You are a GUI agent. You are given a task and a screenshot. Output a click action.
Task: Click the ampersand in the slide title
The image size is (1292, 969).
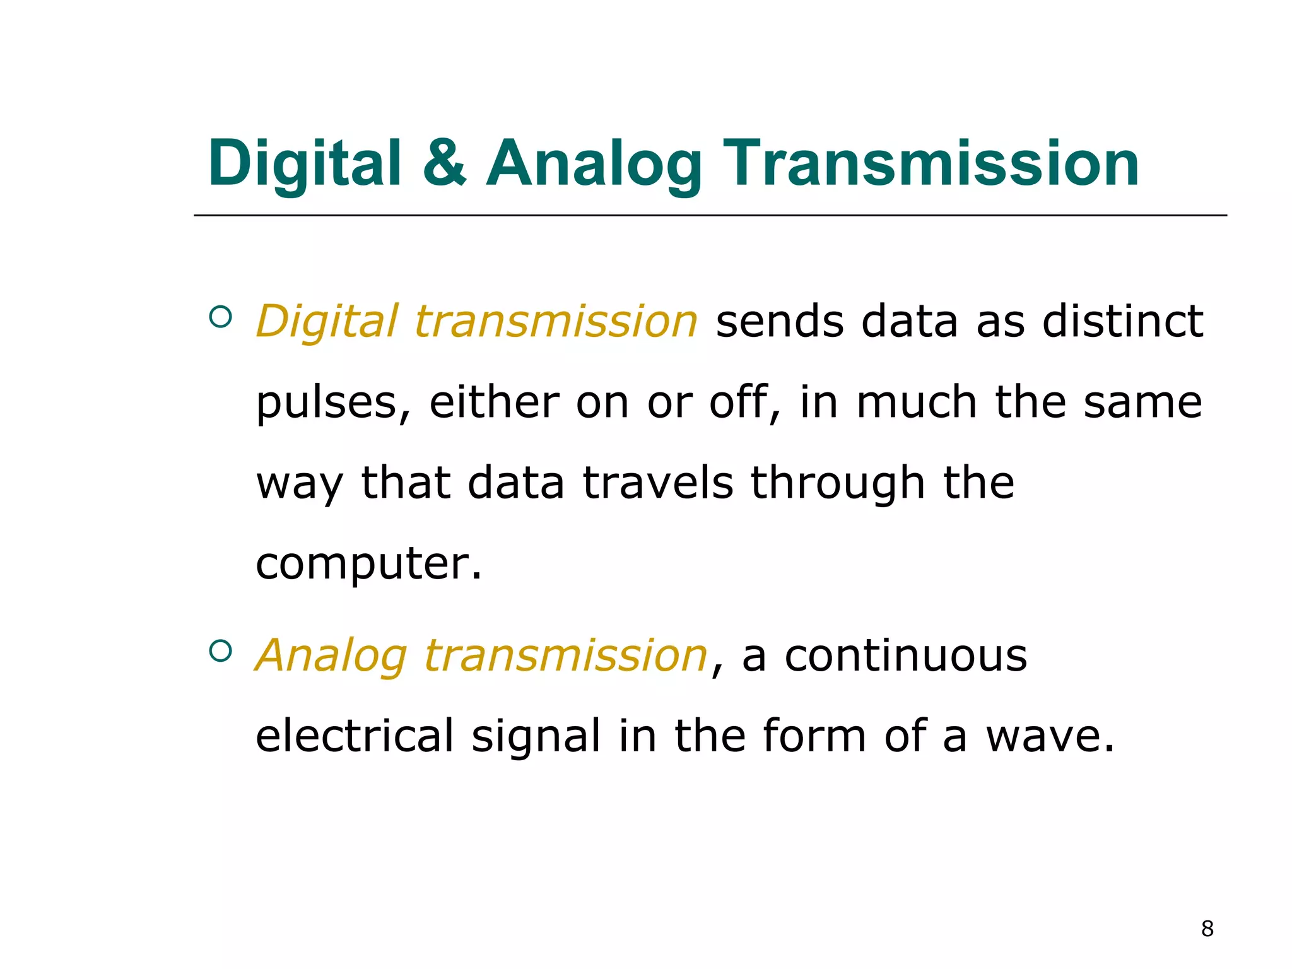pos(445,163)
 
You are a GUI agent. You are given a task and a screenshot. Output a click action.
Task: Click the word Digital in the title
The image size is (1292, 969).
pos(305,164)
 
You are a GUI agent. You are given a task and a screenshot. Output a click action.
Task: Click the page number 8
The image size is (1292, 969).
pos(1207,929)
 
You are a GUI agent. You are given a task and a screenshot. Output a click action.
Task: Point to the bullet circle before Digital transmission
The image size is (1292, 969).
pos(220,317)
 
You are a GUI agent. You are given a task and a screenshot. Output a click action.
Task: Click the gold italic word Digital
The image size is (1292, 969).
pos(327,321)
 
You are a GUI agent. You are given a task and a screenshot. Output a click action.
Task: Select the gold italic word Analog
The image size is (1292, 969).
pos(331,656)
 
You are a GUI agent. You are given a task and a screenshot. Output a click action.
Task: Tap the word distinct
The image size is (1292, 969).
pos(1122,321)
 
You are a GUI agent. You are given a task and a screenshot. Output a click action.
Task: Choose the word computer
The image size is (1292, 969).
pos(368,563)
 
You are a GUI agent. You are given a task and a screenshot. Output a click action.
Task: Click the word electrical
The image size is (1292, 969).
pos(355,736)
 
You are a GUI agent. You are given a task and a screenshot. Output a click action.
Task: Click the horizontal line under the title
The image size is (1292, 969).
pos(710,215)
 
